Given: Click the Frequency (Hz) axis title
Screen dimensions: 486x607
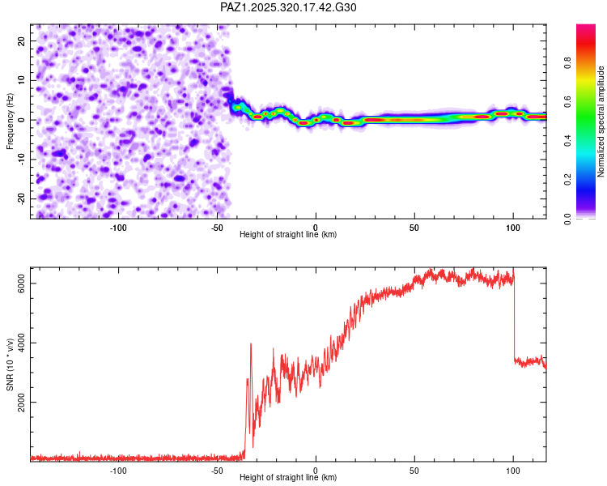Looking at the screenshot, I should coord(10,122).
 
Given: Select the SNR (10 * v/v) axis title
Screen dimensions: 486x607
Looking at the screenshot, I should coord(10,364).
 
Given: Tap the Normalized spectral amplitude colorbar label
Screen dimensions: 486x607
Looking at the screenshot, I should coord(601,122).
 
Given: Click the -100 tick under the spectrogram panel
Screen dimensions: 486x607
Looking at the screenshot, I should coord(118,226).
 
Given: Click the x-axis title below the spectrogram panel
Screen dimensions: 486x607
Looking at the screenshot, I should coord(288,235).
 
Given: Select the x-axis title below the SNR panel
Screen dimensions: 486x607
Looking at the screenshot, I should coord(288,478).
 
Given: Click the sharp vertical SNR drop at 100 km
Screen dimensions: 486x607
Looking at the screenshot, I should coord(514,316).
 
